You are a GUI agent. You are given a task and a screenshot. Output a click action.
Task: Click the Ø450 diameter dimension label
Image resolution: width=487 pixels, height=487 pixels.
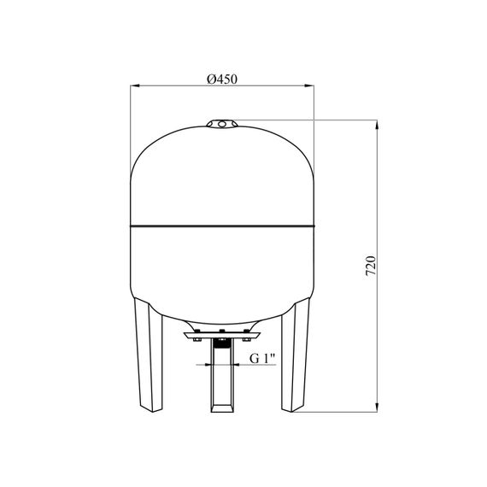tap(222, 79)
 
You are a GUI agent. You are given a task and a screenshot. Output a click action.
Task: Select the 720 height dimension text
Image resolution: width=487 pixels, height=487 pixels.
tap(371, 266)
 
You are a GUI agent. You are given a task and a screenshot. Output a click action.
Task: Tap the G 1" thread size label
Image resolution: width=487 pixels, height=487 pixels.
tap(262, 359)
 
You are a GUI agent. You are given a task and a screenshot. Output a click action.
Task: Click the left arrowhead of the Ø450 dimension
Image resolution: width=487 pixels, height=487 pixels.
tap(135, 85)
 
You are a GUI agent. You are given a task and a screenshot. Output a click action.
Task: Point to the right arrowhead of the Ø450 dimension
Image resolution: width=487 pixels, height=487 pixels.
tap(309, 85)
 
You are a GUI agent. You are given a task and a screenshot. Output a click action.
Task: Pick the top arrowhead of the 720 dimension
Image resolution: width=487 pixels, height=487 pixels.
tap(377, 124)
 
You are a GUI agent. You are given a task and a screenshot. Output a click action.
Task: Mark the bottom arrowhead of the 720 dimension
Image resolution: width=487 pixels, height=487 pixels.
tap(377, 408)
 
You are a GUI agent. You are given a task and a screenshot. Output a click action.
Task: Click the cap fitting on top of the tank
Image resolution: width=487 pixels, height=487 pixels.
tap(222, 124)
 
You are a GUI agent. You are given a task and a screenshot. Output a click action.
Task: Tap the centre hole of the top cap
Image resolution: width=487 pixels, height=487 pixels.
tap(222, 124)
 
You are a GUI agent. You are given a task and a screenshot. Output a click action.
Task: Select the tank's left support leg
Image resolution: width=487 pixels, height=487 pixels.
tap(148, 355)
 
